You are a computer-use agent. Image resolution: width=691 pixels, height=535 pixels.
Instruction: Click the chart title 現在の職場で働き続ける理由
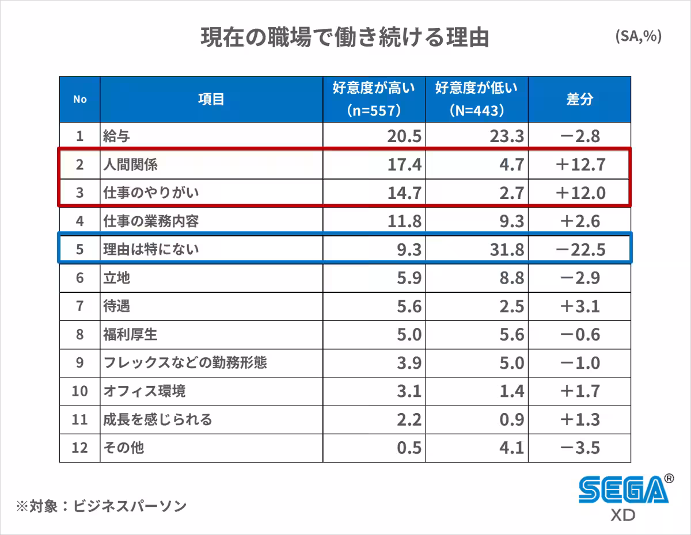(344, 38)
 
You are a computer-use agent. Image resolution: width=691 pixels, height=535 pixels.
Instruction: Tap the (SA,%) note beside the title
(638, 36)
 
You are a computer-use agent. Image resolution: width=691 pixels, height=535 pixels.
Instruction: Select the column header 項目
(211, 99)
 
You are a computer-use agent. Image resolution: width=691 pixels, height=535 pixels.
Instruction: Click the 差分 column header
(579, 99)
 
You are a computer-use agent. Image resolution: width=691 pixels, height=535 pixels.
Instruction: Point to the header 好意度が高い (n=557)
(374, 99)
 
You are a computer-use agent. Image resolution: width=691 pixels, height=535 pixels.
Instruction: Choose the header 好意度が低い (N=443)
(477, 99)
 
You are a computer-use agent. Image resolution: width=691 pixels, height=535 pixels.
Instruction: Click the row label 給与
(116, 136)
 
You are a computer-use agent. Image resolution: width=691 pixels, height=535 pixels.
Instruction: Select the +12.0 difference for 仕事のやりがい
(580, 193)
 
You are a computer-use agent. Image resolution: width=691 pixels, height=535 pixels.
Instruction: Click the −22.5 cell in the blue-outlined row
(580, 250)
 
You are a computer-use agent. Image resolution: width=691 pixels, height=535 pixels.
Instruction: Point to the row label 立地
(116, 278)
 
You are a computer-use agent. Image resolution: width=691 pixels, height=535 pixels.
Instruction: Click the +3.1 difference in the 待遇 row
(580, 306)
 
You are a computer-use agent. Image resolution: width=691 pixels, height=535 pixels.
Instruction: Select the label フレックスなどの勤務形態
(185, 363)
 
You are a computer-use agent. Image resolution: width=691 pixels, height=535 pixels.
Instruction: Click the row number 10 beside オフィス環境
(79, 391)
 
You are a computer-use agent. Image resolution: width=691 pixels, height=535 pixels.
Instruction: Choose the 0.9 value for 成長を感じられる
(511, 419)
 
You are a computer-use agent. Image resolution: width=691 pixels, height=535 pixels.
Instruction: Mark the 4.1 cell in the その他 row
(511, 448)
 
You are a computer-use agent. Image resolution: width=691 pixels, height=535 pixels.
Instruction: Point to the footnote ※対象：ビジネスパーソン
(101, 506)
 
